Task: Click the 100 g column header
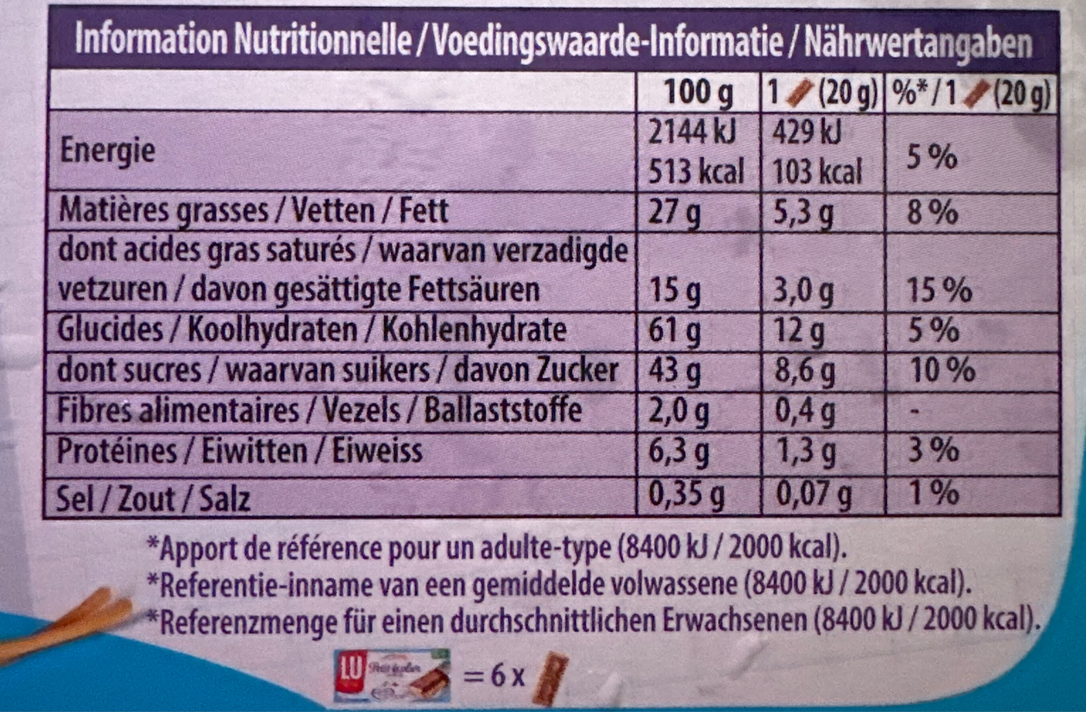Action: pos(698,93)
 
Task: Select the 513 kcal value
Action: pos(696,171)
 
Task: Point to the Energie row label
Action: pos(108,152)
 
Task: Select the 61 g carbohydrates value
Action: pos(674,330)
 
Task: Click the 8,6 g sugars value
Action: pos(804,371)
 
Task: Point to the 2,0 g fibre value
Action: pos(678,411)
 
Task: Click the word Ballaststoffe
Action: pos(503,410)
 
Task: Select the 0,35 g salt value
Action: pos(686,495)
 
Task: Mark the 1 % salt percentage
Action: pos(934,493)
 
